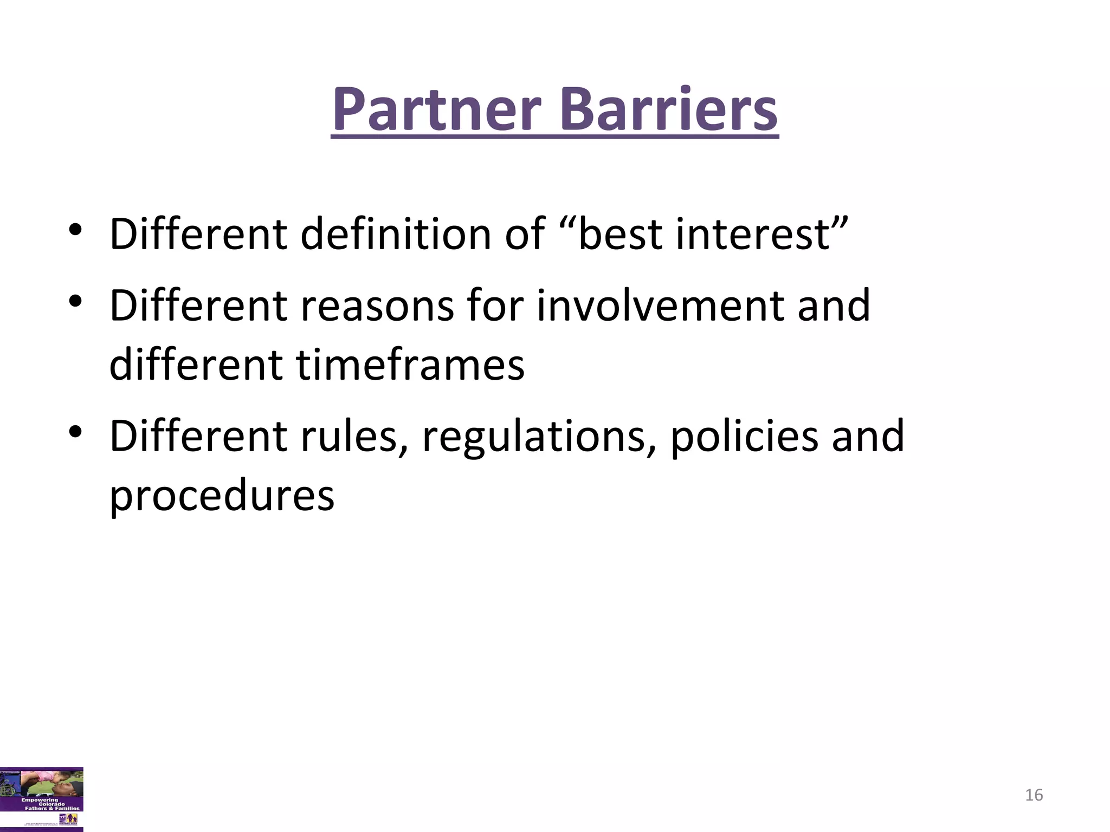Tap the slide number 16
[x=1034, y=795]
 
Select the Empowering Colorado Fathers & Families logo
[x=42, y=798]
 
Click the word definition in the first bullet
[x=422, y=233]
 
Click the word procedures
[x=222, y=495]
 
